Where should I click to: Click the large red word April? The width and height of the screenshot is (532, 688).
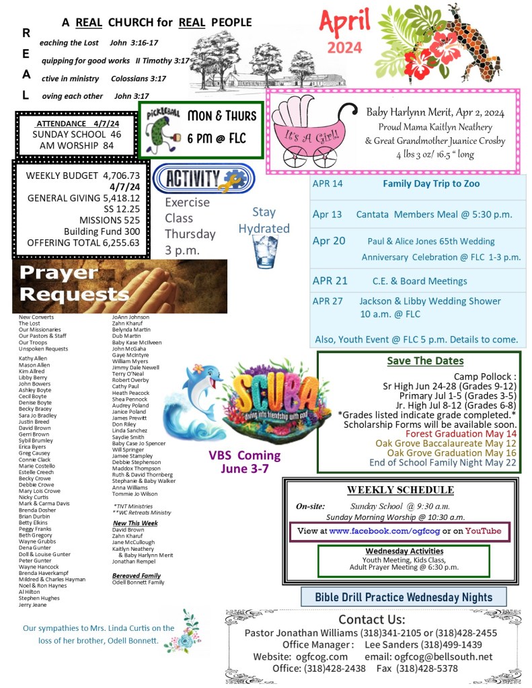(x=344, y=23)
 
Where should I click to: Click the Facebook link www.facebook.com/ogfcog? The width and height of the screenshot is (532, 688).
(x=384, y=531)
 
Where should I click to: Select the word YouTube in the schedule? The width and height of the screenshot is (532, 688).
(x=482, y=531)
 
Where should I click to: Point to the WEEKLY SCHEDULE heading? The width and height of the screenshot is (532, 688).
(x=400, y=490)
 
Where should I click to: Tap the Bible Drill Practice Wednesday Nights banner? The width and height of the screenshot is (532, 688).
(x=404, y=597)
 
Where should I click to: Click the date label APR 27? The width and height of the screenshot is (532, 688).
(x=328, y=301)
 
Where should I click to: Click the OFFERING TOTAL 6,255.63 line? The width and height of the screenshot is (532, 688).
(x=83, y=243)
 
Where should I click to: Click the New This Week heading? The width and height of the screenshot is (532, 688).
(x=135, y=523)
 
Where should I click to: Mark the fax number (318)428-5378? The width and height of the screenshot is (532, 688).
(x=427, y=668)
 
